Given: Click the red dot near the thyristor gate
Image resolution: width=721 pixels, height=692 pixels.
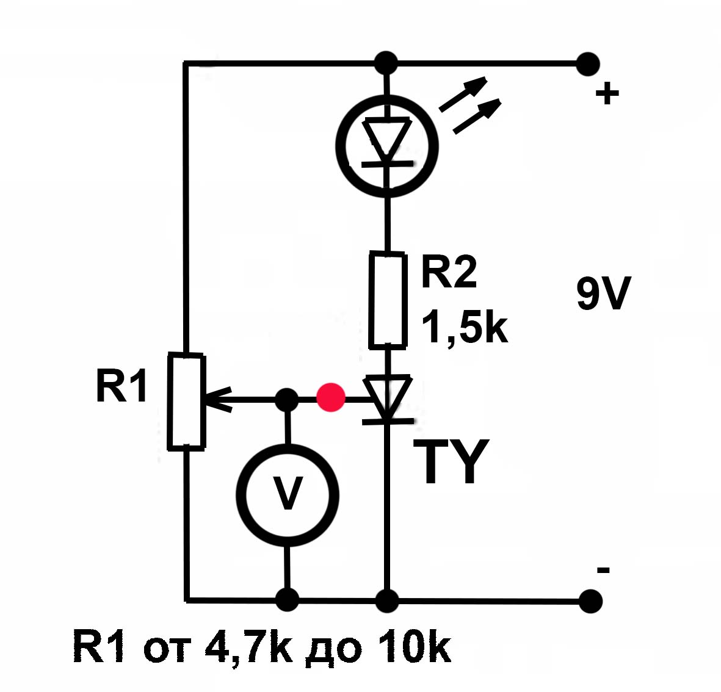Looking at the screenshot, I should click(331, 398).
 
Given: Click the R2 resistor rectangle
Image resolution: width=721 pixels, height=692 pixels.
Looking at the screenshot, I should click(388, 300).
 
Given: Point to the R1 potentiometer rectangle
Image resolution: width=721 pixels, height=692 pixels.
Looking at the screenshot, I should click(186, 402).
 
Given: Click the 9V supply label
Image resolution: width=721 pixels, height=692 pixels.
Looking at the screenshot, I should click(604, 294).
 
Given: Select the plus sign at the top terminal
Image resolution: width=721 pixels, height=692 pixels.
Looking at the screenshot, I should click(607, 94).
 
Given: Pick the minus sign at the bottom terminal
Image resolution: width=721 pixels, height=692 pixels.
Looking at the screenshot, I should click(603, 571).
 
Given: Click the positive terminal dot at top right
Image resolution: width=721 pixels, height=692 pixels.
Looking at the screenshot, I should click(588, 63).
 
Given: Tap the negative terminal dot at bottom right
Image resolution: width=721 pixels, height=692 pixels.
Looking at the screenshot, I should click(589, 601).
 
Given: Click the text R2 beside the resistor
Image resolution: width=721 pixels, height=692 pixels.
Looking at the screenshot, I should click(449, 272).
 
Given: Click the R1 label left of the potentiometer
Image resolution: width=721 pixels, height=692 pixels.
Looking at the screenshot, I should click(122, 386).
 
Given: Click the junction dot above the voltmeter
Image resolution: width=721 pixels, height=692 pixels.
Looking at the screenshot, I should click(287, 400).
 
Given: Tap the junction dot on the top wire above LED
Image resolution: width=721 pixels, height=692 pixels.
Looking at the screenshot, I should click(385, 63).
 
